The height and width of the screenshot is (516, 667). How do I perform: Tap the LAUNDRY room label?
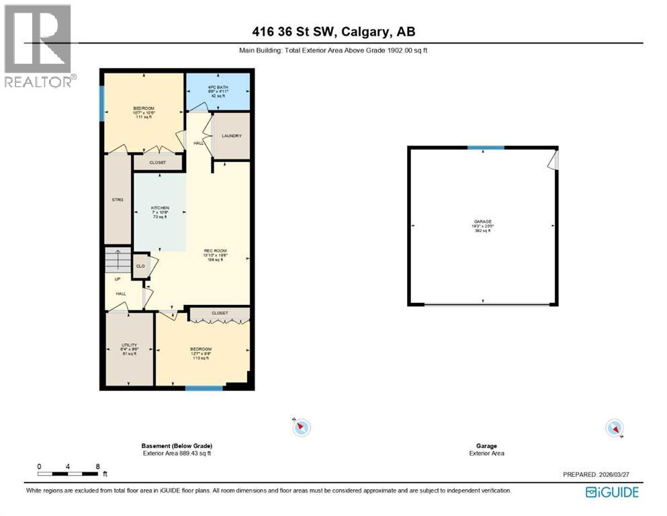[232, 136]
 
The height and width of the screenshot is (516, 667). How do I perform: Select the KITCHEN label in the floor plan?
[160, 208]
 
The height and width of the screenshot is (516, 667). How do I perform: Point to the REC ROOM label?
[217, 252]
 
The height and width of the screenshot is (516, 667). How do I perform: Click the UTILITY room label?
[129, 345]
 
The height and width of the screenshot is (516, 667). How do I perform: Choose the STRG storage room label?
[118, 200]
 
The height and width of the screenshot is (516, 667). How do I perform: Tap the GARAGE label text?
[483, 222]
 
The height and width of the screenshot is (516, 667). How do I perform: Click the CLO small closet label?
[140, 266]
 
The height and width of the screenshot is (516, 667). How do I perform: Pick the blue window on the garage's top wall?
[486, 148]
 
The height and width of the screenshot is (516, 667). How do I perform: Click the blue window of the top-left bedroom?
[102, 103]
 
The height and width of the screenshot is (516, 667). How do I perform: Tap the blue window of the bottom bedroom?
[204, 388]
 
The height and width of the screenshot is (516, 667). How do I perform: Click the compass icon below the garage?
[614, 427]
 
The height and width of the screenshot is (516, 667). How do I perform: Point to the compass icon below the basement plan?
[302, 427]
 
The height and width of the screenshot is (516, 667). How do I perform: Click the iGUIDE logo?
[611, 492]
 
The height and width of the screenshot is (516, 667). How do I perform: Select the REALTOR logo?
[38, 46]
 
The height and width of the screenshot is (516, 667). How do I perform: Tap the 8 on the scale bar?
[98, 466]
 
